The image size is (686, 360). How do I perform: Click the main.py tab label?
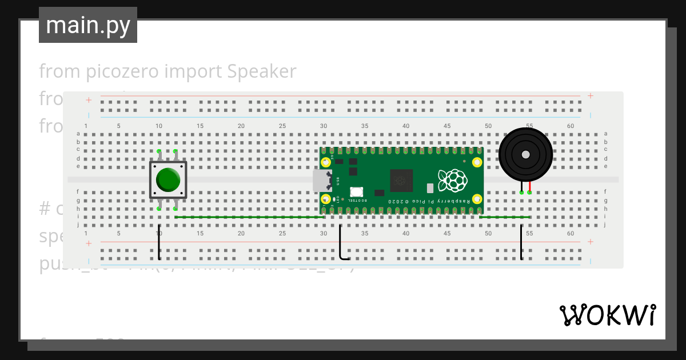(x=87, y=25)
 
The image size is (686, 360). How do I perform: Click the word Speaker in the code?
(x=261, y=71)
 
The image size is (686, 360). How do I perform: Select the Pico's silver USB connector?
(x=322, y=181)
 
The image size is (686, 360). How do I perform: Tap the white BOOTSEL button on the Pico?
(x=356, y=193)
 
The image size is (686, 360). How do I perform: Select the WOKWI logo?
(x=607, y=315)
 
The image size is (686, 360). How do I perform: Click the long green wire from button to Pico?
(x=249, y=217)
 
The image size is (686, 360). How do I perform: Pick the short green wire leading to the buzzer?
(x=504, y=217)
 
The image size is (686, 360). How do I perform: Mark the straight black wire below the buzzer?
(x=521, y=243)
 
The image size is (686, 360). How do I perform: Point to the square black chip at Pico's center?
(x=401, y=181)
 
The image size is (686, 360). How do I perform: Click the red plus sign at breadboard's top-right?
(x=591, y=96)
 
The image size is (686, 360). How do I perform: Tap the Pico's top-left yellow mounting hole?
(x=326, y=162)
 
